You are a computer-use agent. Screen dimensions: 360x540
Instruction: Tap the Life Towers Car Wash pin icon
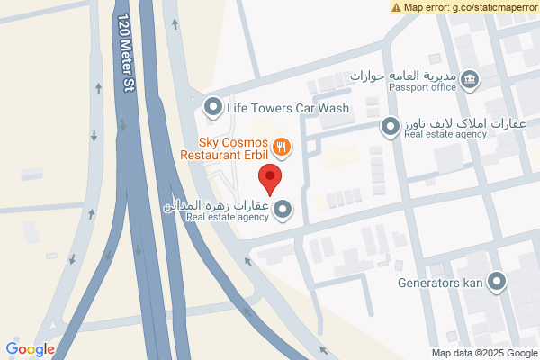pyautogui.click(x=213, y=108)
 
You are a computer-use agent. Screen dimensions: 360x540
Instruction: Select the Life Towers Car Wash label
pyautogui.click(x=287, y=109)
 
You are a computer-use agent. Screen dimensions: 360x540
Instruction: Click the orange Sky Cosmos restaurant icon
pyautogui.click(x=282, y=145)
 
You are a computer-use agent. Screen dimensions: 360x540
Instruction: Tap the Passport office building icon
pyautogui.click(x=470, y=80)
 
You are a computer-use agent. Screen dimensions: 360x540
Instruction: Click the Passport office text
pyautogui.click(x=422, y=87)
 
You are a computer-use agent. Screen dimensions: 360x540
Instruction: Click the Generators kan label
pyautogui.click(x=440, y=282)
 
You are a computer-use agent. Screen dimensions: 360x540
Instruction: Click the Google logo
pyautogui.click(x=30, y=349)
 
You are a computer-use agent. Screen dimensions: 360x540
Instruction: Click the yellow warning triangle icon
pyautogui.click(x=397, y=7)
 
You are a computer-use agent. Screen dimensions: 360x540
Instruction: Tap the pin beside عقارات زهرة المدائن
pyautogui.click(x=283, y=210)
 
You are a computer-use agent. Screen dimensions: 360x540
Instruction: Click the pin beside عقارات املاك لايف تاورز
pyautogui.click(x=391, y=128)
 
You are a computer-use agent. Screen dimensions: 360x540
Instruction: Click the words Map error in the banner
pyautogui.click(x=424, y=7)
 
